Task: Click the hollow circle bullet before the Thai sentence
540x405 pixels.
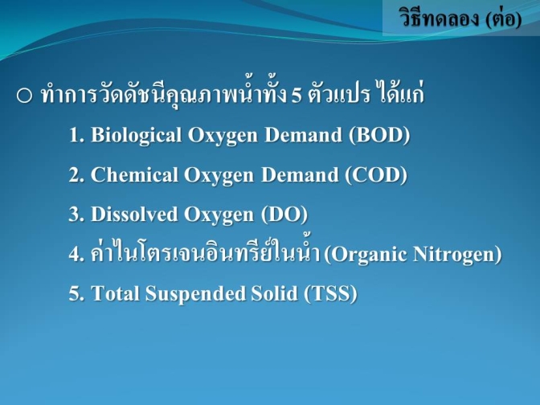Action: (24, 96)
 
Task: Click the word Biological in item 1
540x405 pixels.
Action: (136, 135)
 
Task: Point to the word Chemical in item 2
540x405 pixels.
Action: (134, 174)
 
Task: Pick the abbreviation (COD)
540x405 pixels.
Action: (376, 175)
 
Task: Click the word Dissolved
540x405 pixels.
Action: (134, 215)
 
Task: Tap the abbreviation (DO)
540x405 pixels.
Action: (284, 215)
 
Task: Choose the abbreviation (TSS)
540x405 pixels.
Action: (330, 294)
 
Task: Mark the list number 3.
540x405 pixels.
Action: (76, 215)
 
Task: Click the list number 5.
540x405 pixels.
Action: (76, 294)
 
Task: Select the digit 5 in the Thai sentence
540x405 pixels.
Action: (297, 96)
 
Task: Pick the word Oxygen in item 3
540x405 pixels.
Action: (219, 215)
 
